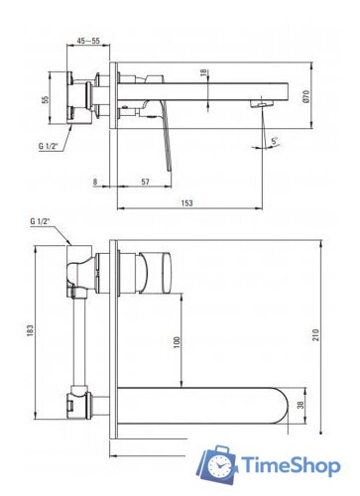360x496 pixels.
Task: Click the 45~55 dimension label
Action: click(x=88, y=41)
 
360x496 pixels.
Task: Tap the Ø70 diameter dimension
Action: click(x=305, y=96)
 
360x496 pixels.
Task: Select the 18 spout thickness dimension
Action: click(x=203, y=72)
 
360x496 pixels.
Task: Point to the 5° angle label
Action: click(x=275, y=141)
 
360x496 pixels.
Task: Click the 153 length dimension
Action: click(x=187, y=202)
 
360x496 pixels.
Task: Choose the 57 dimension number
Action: click(x=145, y=182)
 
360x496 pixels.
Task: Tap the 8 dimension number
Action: click(x=95, y=182)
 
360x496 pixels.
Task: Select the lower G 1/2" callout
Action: click(x=40, y=221)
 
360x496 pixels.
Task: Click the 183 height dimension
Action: click(x=30, y=329)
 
